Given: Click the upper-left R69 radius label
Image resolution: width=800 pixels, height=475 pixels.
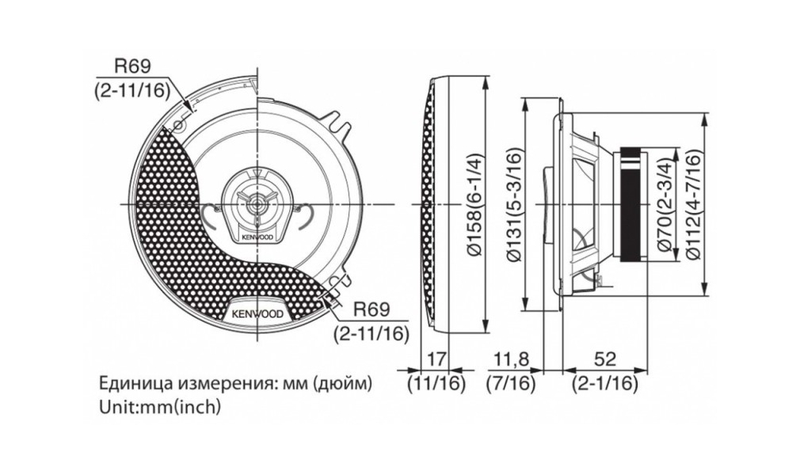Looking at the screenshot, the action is coord(133,66).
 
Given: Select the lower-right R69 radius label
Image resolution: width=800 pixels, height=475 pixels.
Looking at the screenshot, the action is coord(372,310).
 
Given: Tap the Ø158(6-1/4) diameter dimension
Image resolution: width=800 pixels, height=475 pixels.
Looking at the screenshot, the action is coord(472,204).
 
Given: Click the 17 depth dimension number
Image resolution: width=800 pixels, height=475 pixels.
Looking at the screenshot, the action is coord(436,359).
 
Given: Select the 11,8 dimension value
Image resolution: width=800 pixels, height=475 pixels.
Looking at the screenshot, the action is coord(511,359).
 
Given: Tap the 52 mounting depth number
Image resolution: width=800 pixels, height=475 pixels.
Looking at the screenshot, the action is coord(605,359).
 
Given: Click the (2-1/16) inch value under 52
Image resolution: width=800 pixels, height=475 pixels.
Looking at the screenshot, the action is coord(605,383).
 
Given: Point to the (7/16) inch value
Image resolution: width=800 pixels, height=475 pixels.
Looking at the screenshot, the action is coord(511,383).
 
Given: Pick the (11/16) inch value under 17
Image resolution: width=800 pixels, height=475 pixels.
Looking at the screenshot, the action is coord(436,383).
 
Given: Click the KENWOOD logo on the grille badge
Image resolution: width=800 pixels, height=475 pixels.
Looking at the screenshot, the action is coord(257,313).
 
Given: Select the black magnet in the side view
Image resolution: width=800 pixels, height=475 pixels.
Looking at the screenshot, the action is coord(634,204).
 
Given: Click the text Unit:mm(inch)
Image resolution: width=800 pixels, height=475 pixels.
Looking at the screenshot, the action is coord(160,407).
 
